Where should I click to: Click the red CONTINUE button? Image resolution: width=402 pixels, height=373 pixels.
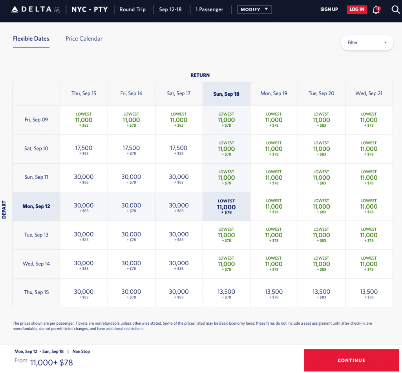click(351, 360)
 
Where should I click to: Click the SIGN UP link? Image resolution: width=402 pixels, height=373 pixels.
click(329, 9)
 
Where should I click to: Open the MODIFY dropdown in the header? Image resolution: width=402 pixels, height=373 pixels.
click(254, 9)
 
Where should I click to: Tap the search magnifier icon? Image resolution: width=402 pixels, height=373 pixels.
click(395, 9)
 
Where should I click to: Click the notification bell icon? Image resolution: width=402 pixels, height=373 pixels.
click(376, 10)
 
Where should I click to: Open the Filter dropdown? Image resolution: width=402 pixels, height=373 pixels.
click(367, 43)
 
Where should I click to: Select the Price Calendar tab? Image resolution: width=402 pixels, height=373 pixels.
click(84, 39)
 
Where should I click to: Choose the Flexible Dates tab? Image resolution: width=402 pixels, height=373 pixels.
click(31, 39)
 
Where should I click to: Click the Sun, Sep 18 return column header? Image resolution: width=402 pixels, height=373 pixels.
click(226, 94)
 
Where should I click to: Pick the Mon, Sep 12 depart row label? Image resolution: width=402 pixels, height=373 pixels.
click(36, 206)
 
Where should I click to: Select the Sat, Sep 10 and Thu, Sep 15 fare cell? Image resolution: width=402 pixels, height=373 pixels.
click(84, 149)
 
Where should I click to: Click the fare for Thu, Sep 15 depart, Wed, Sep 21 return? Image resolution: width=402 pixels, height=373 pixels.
click(369, 293)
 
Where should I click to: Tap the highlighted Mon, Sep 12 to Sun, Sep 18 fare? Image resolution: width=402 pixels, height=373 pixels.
click(226, 207)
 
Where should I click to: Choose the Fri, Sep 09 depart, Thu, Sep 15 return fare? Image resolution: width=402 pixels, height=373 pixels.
click(84, 120)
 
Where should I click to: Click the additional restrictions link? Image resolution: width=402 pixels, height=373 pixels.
click(124, 329)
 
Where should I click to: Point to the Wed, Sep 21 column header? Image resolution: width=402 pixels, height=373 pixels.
click(369, 94)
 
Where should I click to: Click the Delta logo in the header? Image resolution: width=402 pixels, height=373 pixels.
click(35, 9)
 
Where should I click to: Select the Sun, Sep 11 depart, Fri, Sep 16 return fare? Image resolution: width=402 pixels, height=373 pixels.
click(131, 178)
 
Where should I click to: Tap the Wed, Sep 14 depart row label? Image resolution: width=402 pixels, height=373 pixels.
click(36, 264)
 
